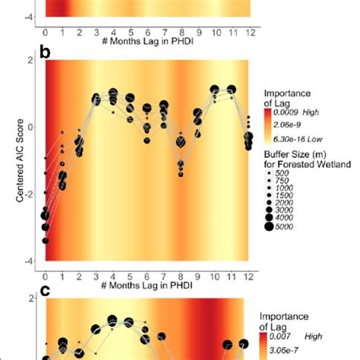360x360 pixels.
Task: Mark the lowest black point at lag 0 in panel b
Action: pyautogui.click(x=46, y=241)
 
